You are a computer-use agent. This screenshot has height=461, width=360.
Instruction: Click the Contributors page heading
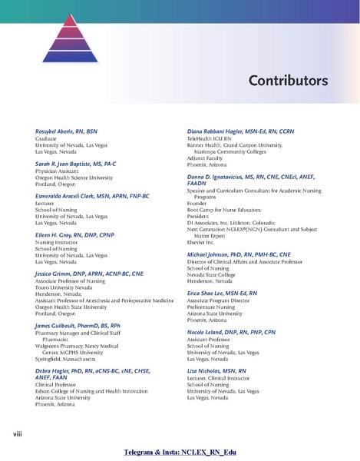click(288, 81)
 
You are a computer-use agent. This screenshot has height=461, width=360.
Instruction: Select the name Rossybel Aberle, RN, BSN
click(63, 132)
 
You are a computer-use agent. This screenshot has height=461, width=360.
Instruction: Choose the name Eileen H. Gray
click(68, 235)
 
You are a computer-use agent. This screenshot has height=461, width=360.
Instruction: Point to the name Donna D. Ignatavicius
click(246, 177)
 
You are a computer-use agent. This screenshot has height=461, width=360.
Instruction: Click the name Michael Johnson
click(239, 254)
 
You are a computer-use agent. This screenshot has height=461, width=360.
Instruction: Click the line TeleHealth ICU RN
click(211, 139)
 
